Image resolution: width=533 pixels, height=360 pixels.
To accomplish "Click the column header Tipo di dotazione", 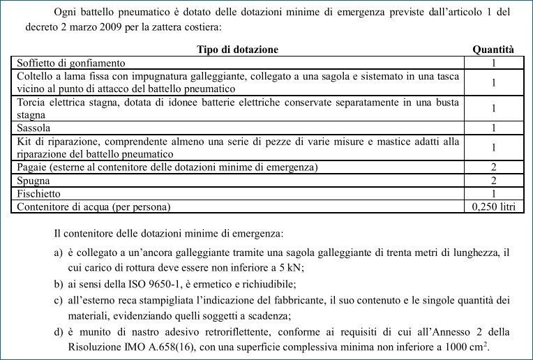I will pyautogui.click(x=238, y=50).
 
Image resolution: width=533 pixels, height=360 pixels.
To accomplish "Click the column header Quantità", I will pyautogui.click(x=493, y=50).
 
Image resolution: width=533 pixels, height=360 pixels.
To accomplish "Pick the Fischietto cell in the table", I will pyautogui.click(x=39, y=193).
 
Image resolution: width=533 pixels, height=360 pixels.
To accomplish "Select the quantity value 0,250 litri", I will pyautogui.click(x=493, y=207).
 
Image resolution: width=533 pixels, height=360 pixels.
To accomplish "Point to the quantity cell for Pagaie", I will pyautogui.click(x=493, y=167).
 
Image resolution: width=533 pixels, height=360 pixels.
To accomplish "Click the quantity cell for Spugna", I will pyautogui.click(x=493, y=180).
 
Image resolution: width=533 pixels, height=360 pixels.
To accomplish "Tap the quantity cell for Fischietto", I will pyautogui.click(x=493, y=193).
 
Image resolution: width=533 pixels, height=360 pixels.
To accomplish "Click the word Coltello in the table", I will pyautogui.click(x=35, y=76).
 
